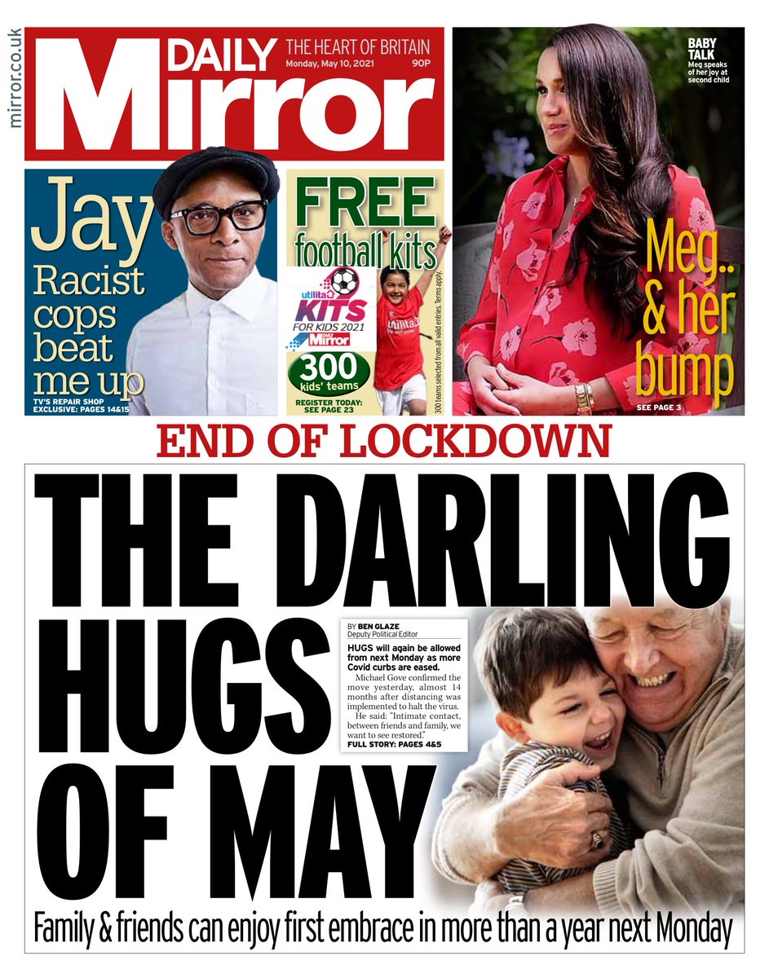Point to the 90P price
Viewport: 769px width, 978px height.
[421, 65]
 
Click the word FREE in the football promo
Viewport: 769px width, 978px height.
[365, 201]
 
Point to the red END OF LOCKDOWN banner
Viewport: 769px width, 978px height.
[383, 443]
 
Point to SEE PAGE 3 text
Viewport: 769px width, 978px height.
[659, 406]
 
